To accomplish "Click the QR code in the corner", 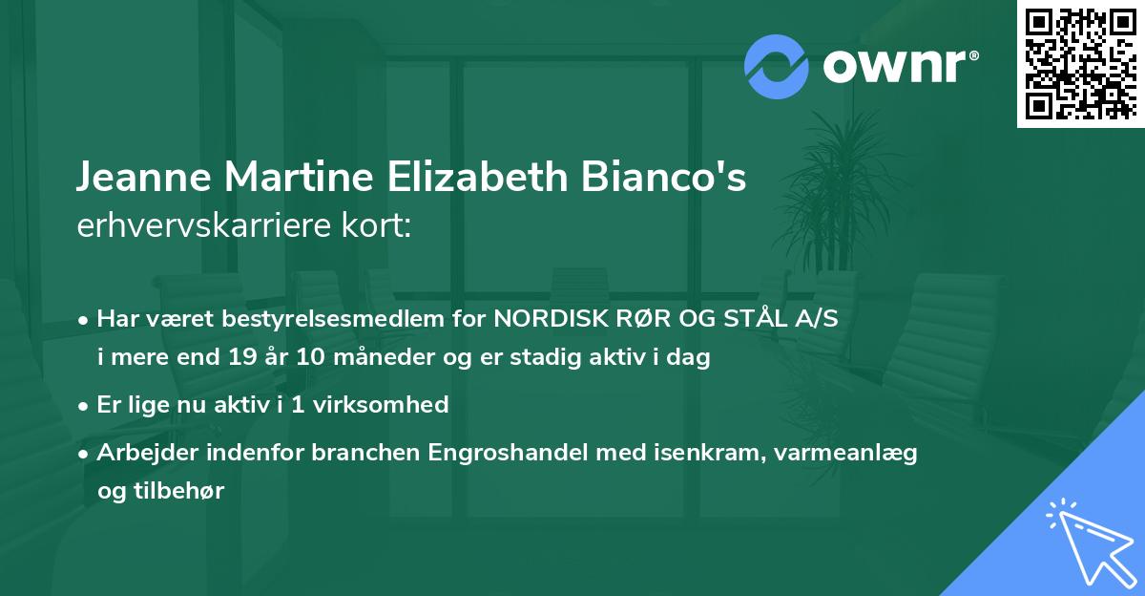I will pyautogui.click(x=1080, y=63).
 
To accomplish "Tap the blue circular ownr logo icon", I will pyautogui.click(x=776, y=66).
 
